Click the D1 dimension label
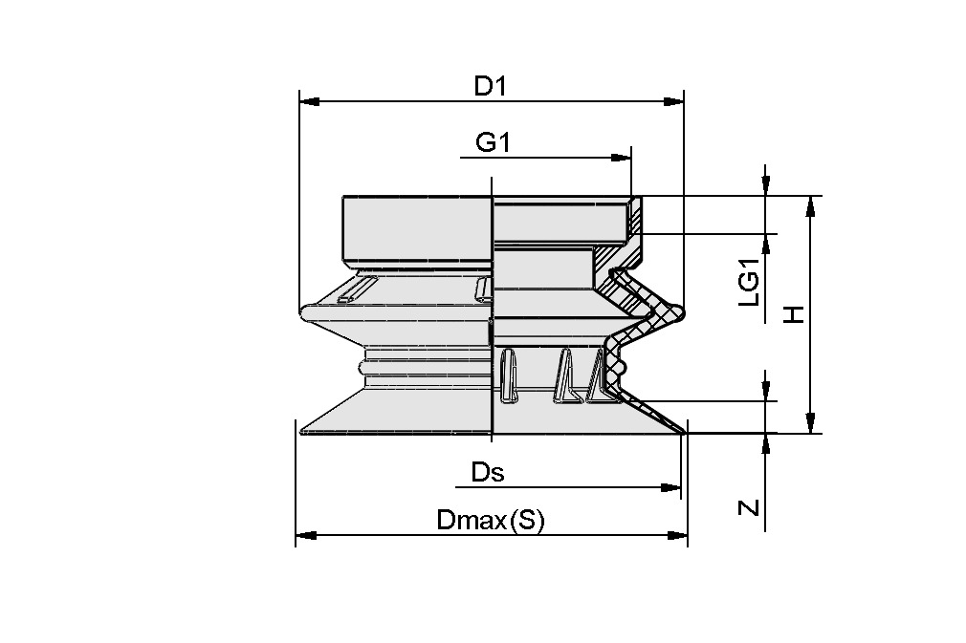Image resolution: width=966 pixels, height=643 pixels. click(x=490, y=86)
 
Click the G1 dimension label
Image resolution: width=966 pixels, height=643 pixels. click(x=495, y=143)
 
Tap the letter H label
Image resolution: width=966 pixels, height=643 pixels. click(x=793, y=314)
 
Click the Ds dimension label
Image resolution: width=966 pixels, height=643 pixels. click(x=488, y=472)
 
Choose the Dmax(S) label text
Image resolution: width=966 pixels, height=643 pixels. click(x=490, y=521)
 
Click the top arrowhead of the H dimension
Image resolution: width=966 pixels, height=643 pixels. click(x=810, y=204)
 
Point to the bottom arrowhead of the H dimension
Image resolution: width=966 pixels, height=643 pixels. click(x=810, y=426)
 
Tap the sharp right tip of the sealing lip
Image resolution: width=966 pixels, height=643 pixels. click(x=686, y=433)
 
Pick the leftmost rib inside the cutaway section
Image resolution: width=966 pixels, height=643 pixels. click(x=509, y=375)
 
